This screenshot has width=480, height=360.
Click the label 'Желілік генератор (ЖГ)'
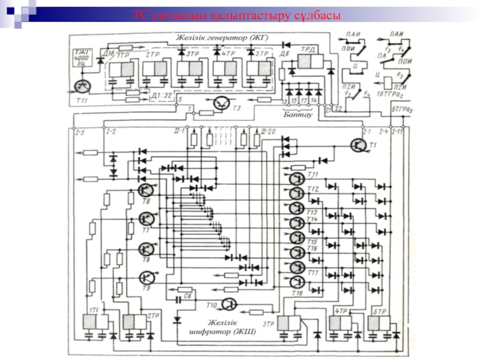click(222, 38)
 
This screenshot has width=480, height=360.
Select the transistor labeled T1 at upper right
click(359, 145)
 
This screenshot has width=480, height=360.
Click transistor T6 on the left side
click(145, 191)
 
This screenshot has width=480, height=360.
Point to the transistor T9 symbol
click(146, 278)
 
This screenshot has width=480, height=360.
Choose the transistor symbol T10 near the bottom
click(230, 304)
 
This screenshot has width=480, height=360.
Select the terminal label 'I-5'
click(80, 131)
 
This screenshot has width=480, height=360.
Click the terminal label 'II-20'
click(268, 131)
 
